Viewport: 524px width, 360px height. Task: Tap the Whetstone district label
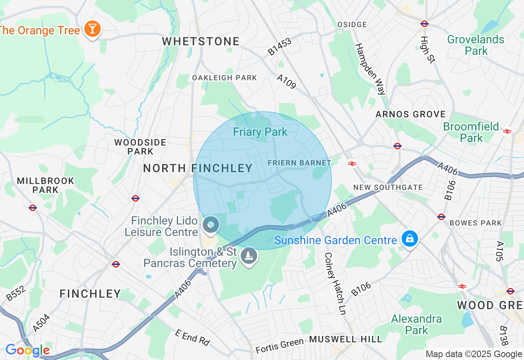click(x=201, y=41)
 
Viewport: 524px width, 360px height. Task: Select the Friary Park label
click(x=260, y=132)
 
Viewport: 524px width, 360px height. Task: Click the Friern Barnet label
click(x=299, y=163)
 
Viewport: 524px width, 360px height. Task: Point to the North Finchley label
click(x=198, y=168)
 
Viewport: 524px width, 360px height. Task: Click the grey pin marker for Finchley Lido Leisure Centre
click(x=211, y=224)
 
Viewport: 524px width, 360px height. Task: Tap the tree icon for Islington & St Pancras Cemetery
click(x=248, y=256)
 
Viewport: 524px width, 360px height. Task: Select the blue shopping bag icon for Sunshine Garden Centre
click(x=409, y=239)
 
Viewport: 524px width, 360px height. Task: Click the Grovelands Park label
click(x=476, y=45)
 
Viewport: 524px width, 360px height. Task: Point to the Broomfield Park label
click(x=471, y=132)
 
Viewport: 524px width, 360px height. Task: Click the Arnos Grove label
click(x=411, y=114)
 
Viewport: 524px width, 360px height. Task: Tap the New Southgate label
click(x=388, y=187)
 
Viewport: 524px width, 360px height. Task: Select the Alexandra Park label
click(x=416, y=324)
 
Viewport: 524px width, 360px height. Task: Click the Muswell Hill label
click(x=346, y=339)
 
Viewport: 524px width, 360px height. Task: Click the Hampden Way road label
click(x=370, y=69)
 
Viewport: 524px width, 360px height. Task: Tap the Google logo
click(x=27, y=351)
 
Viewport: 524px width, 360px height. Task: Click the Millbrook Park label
click(x=45, y=185)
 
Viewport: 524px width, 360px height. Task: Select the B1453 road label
click(x=280, y=46)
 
